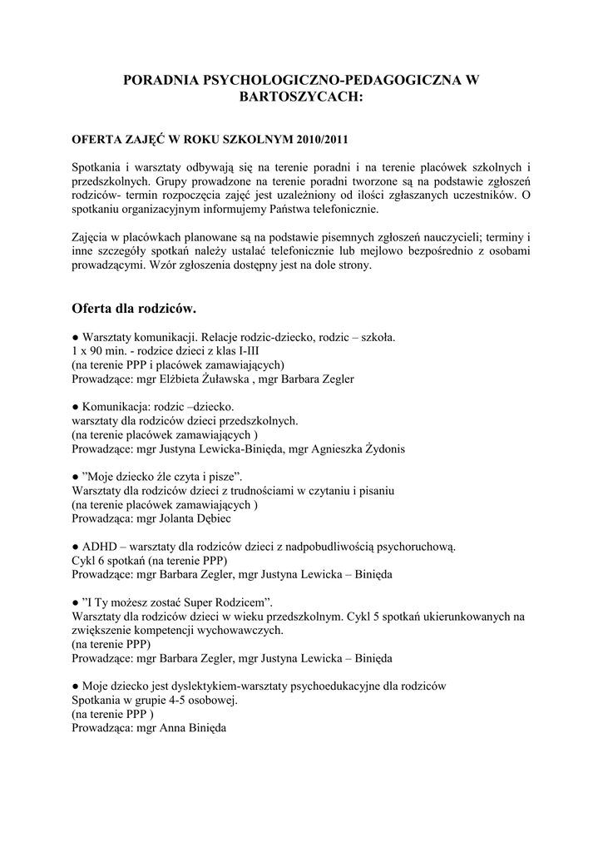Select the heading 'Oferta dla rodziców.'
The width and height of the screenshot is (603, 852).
(x=134, y=309)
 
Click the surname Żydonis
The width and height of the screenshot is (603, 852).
(x=381, y=448)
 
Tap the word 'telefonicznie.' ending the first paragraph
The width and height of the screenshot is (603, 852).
(x=342, y=208)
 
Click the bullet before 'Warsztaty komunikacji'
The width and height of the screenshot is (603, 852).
(x=75, y=338)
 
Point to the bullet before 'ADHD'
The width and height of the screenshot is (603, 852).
(x=75, y=547)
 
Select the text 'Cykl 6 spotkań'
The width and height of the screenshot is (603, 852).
(x=107, y=560)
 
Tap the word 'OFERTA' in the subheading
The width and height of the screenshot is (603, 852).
(x=98, y=138)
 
